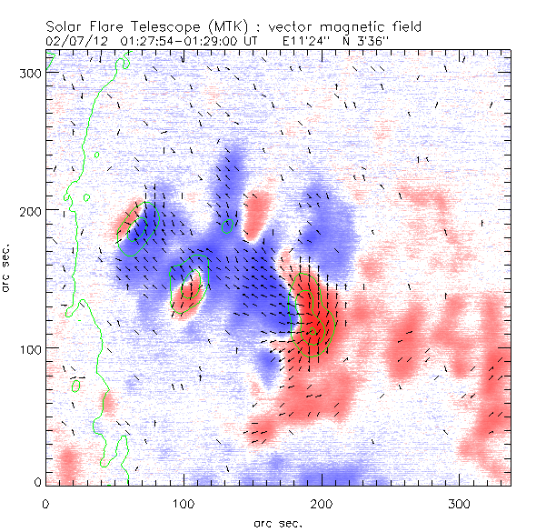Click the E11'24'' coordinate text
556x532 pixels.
point(303,42)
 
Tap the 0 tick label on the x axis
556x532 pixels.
point(45,503)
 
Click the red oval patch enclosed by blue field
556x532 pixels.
point(188,296)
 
